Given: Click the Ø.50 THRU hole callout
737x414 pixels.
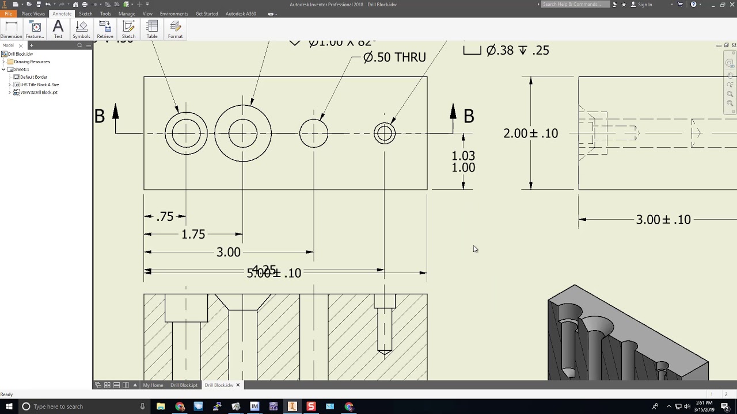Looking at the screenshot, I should pos(394,57).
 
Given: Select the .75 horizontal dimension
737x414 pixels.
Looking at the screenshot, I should pos(165,217).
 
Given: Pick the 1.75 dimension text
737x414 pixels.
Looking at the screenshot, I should pos(193,235).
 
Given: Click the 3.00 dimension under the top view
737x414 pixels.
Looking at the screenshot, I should pos(228,252).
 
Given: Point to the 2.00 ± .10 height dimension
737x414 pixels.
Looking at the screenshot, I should pos(530,133).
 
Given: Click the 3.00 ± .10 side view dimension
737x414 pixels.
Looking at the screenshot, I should pos(663,220).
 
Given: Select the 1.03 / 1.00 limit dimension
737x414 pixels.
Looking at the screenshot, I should pos(463,162).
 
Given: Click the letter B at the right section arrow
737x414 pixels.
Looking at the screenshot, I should pos(469,117).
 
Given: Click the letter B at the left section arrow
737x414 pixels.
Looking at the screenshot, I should pos(100,117).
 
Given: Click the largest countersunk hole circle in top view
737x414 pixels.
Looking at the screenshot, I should pos(242,133).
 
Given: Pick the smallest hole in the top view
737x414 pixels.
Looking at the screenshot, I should pos(384,133).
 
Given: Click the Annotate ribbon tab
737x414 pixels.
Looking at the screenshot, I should pos(62,13).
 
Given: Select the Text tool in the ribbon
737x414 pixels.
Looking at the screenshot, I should pos(58,29).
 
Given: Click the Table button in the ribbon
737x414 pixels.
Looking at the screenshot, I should pos(152,29).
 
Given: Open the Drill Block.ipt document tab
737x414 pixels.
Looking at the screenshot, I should pos(184,385).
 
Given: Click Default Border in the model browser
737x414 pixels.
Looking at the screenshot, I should pos(33,77).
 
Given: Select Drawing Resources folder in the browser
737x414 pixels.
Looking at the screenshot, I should pos(32,62).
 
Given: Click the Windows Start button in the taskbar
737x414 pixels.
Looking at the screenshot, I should pos(9,407).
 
